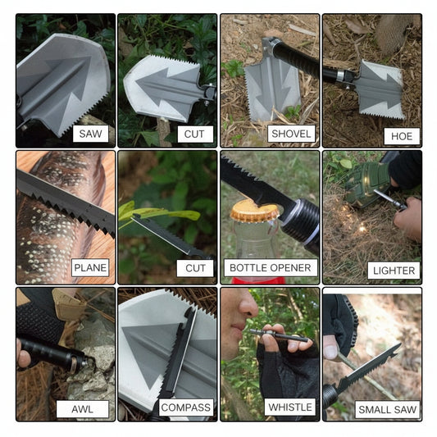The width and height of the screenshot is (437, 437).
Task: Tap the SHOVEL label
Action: (291, 134)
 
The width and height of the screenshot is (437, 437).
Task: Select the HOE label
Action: (401, 136)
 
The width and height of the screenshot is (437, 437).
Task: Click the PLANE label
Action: (90, 267)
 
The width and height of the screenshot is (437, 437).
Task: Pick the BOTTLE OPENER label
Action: (270, 267)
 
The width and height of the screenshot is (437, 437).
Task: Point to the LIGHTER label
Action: (394, 270)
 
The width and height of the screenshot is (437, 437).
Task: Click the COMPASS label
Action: (185, 407)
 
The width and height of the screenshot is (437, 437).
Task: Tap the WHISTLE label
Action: (289, 407)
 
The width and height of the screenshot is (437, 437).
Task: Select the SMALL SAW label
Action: (387, 409)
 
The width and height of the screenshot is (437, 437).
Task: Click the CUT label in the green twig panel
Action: (195, 267)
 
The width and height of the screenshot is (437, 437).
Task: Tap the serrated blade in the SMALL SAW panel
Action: (369, 369)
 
